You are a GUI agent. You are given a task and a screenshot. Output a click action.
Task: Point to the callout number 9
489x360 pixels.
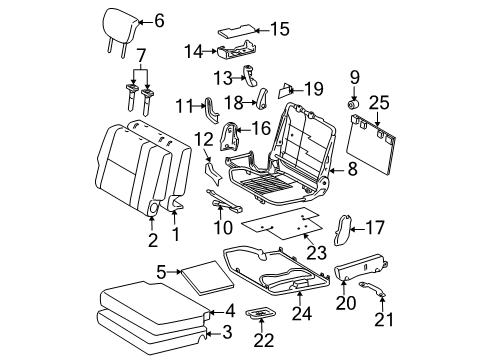tap(353, 76)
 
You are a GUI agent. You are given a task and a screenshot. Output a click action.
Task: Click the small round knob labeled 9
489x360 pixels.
tap(354, 103)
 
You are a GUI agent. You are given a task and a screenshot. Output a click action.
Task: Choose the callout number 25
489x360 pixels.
tap(377, 102)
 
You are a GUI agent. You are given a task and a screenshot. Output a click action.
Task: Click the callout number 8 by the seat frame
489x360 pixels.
tap(352, 171)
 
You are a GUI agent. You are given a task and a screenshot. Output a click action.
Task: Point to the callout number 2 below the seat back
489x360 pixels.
tap(152, 239)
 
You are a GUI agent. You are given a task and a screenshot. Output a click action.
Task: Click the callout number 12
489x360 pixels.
tap(205, 139)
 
